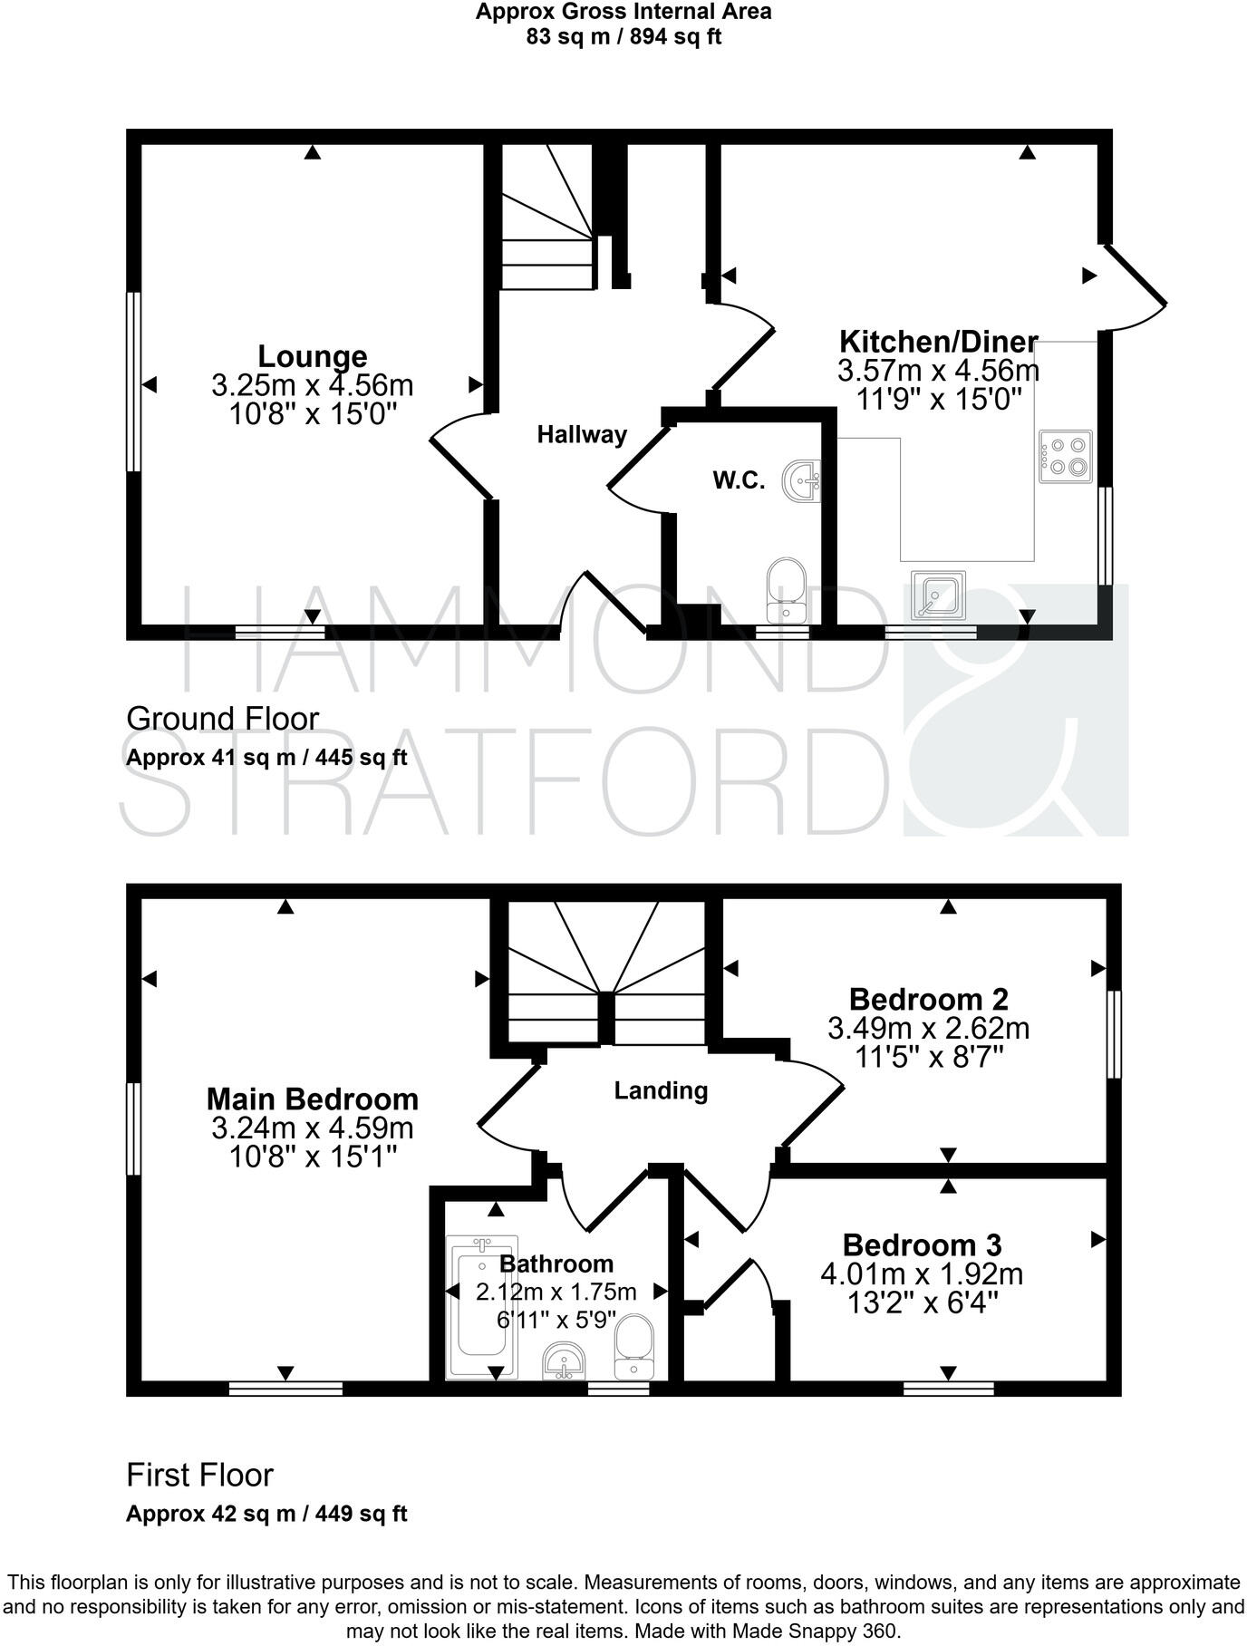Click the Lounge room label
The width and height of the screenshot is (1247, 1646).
pyautogui.click(x=313, y=355)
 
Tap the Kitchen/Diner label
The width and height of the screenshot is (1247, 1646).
pyautogui.click(x=938, y=342)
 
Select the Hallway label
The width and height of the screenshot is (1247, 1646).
pyautogui.click(x=582, y=435)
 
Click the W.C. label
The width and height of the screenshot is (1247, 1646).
pyautogui.click(x=739, y=480)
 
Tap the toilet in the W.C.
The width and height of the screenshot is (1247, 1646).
pyautogui.click(x=786, y=589)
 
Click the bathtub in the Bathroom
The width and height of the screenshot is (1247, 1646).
pyautogui.click(x=482, y=1306)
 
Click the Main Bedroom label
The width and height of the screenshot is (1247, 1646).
pyautogui.click(x=313, y=1099)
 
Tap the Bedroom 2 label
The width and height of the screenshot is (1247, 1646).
pyautogui.click(x=928, y=1000)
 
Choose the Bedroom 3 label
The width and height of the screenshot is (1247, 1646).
pyautogui.click(x=922, y=1245)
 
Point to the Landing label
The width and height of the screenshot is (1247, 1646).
pyautogui.click(x=661, y=1090)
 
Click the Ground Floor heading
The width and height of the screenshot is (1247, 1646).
pyautogui.click(x=222, y=719)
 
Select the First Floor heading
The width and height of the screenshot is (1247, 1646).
pyautogui.click(x=199, y=1476)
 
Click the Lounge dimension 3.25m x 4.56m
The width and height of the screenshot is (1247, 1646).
pyautogui.click(x=313, y=385)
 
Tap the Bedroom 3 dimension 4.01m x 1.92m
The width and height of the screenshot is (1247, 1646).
pyautogui.click(x=922, y=1274)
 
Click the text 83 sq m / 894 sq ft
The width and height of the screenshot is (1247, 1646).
pyautogui.click(x=623, y=37)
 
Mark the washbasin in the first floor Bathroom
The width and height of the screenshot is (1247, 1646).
pyautogui.click(x=567, y=1361)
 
